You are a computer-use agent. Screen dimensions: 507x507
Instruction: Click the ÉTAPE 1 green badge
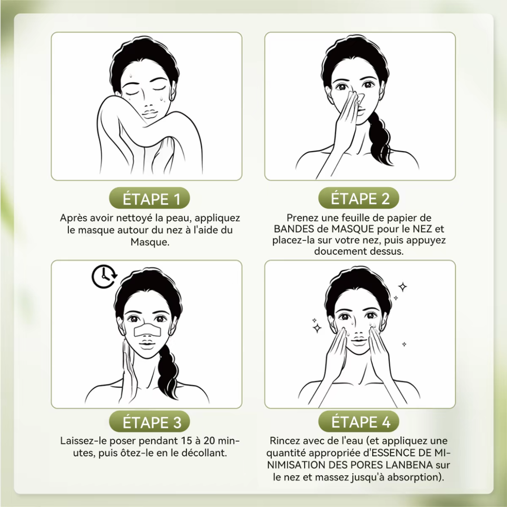[149, 198]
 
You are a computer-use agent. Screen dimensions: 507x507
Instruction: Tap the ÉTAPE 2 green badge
[359, 198]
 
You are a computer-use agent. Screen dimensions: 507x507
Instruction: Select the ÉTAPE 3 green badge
[149, 422]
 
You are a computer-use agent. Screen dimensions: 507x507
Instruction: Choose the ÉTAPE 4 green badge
[359, 421]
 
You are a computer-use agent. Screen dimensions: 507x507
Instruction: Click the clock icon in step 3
[104, 276]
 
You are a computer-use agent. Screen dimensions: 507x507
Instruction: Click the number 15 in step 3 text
[186, 441]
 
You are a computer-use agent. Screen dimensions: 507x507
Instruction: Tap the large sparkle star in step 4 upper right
[403, 286]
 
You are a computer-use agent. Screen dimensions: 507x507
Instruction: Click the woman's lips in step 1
[149, 114]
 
